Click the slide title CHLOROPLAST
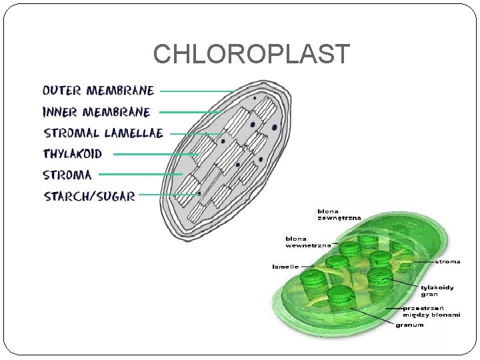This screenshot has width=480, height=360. click(251, 55)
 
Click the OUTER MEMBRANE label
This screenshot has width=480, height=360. click(98, 91)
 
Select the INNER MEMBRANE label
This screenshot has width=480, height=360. click(97, 112)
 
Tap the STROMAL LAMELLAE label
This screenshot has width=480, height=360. click(103, 133)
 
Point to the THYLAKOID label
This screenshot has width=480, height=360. click(73, 154)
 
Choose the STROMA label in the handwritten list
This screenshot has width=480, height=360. click(67, 175)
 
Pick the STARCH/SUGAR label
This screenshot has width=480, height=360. click(89, 196)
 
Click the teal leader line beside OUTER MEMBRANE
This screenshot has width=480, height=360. click(197, 91)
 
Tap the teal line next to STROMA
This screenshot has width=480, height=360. click(140, 174)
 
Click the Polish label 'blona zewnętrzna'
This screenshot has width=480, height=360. click(339, 214)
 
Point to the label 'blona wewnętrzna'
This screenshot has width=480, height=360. click(307, 242)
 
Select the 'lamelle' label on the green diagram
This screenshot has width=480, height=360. click(285, 267)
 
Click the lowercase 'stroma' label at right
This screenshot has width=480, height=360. click(447, 262)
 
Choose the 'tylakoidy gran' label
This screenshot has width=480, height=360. click(437, 291)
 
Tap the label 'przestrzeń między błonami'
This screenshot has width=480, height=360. click(431, 311)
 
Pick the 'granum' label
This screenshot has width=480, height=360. click(409, 325)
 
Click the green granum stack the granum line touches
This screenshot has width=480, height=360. click(340, 297)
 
